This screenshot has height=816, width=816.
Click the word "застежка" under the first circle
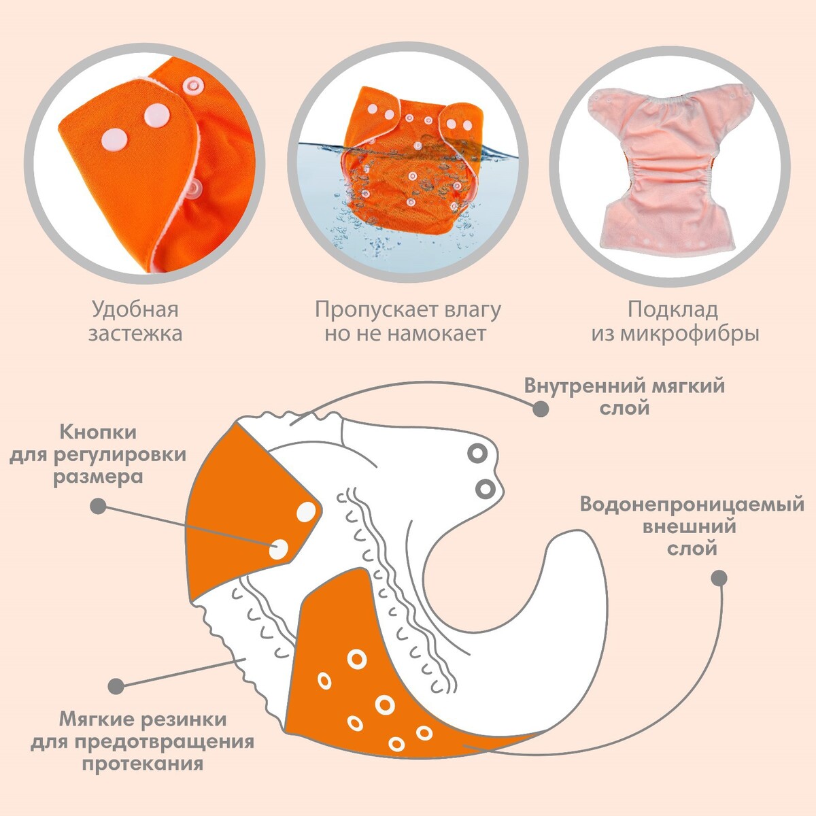click(135, 334)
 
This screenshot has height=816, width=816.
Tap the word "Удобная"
click(135, 310)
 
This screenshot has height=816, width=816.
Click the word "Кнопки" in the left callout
click(98, 432)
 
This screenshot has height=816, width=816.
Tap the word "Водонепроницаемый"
click(692, 505)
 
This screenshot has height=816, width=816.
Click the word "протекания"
click(143, 763)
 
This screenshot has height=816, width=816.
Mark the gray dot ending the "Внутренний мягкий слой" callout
click(541, 409)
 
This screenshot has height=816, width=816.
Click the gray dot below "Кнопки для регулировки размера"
click(98, 506)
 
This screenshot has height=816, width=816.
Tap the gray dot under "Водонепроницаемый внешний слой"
click(719, 579)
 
